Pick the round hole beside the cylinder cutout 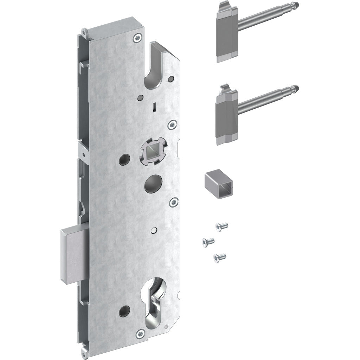(124, 310)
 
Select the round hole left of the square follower (124, 160)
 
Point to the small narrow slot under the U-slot (154, 106)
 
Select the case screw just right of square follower (172, 124)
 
